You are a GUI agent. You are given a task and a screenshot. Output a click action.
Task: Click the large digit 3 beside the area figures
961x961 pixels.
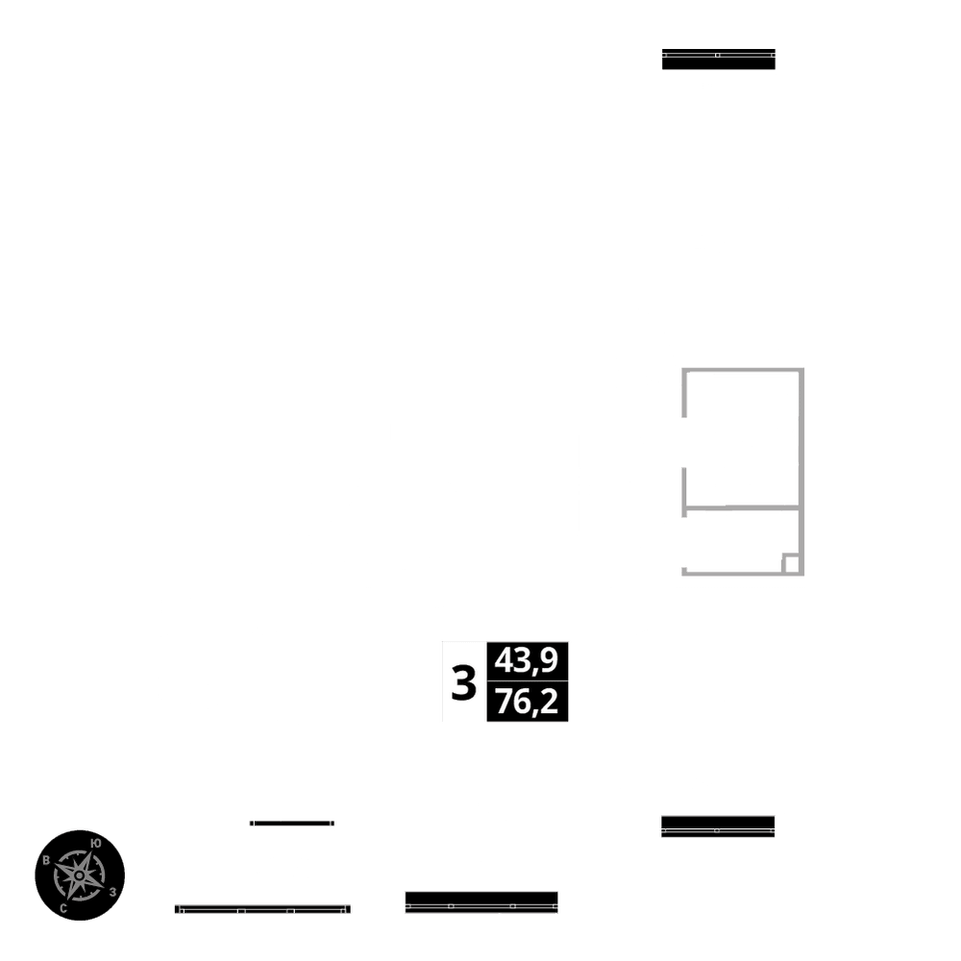464,683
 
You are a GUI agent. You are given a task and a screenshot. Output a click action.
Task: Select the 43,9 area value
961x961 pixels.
528,660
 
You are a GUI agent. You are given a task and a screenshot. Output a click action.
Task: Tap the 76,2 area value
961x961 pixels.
528,702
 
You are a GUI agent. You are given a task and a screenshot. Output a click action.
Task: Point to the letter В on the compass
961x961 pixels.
46,860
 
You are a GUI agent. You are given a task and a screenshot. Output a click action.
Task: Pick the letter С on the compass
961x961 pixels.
63,907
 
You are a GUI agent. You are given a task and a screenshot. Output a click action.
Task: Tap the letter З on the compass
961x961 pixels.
113,892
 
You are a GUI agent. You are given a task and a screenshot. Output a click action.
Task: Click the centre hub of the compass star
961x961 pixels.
79,875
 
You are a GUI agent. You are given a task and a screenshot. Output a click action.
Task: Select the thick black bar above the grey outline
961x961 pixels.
718,59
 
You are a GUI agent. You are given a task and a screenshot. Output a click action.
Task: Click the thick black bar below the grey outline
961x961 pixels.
718,825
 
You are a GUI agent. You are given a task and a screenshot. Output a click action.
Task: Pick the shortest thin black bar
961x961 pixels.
291,823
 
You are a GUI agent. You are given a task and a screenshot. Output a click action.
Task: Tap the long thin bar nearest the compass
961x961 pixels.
261,908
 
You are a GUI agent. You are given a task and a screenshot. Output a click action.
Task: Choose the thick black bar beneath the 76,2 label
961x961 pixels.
481,902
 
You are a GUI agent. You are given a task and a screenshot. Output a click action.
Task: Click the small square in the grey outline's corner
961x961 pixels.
791,563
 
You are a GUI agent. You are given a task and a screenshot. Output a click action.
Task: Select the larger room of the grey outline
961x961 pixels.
740,437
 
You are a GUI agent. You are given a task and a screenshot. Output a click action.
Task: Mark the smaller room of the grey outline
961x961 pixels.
735,540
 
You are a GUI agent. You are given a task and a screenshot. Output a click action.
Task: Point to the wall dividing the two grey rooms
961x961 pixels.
742,506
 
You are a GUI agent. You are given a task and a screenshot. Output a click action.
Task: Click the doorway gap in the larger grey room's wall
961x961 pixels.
683,443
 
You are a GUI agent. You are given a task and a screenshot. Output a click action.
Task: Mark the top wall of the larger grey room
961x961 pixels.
742,370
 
